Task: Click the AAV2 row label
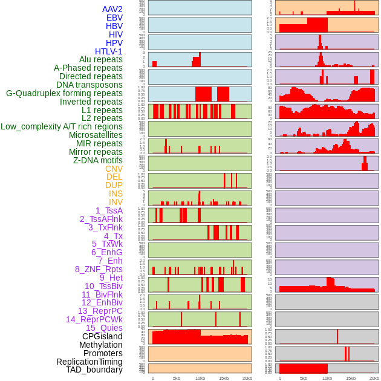112,10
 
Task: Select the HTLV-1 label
109,51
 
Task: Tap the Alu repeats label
101,60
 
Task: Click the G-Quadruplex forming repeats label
64,94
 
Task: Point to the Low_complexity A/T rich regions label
62,127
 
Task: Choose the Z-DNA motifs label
98,160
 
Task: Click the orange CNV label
114,169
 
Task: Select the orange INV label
116,202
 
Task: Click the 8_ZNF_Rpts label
99,269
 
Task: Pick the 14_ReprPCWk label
94,319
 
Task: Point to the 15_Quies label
104,328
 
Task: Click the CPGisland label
102,336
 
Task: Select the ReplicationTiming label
90,362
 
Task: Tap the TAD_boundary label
94,370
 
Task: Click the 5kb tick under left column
177,378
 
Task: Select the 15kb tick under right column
351,378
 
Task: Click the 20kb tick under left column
247,378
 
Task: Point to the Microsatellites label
96,135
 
